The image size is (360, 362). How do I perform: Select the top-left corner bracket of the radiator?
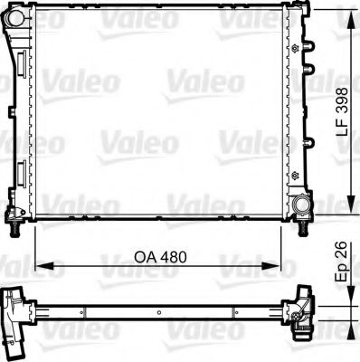[13, 18]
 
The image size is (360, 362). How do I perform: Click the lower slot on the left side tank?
[17, 172]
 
